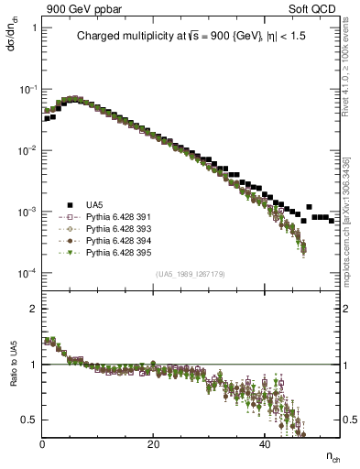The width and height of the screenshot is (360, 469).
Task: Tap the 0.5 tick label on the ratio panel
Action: click(x=30, y=420)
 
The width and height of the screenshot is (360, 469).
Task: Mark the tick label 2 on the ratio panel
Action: click(x=34, y=309)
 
